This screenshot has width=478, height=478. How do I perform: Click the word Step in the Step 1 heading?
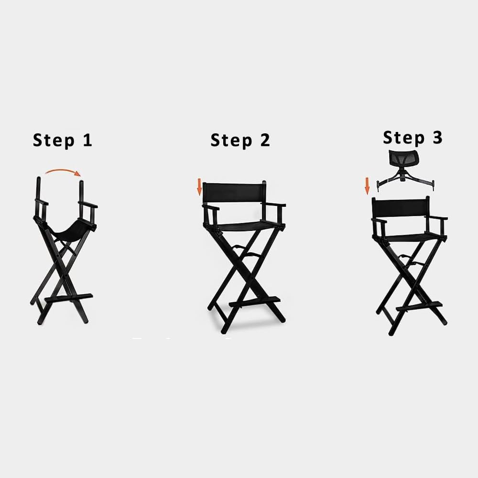pos(54,141)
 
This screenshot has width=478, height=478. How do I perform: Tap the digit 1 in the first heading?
pos(88,140)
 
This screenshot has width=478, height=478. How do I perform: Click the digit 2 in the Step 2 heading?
pos(265,140)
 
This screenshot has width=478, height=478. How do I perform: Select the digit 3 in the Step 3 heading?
pos(437,137)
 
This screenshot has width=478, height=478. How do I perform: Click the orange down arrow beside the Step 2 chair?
pos(199,187)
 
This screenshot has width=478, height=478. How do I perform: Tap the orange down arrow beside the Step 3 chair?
pos(367,186)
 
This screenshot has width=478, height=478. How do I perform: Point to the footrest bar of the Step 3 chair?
pos(419,306)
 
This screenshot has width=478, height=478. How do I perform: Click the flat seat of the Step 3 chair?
pos(413,238)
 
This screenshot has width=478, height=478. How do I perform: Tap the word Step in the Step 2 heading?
pos(231,141)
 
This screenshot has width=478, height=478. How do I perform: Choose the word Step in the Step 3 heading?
pos(404,138)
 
